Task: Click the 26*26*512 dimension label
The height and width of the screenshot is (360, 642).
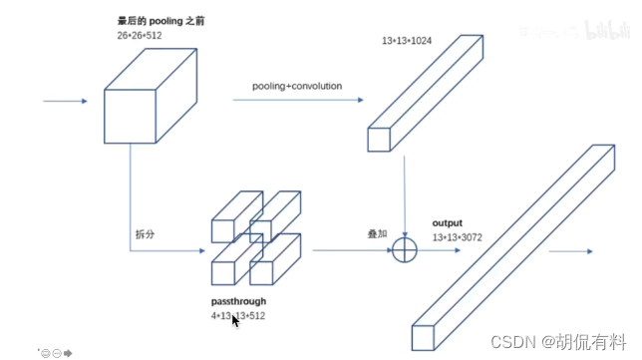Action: [140, 35]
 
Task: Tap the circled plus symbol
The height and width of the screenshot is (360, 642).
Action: [405, 249]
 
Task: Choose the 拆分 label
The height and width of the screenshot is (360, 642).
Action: [146, 235]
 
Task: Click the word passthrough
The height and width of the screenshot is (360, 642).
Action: [238, 301]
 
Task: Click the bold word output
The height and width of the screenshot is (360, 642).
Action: [449, 223]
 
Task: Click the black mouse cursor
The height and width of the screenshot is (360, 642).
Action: [235, 321]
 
